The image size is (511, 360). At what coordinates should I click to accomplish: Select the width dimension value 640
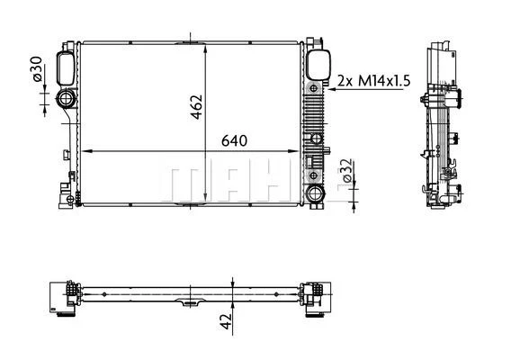[x=233, y=140]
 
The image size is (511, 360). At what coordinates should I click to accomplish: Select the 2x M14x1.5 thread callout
[x=373, y=81]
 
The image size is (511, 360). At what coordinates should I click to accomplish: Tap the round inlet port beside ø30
[x=67, y=99]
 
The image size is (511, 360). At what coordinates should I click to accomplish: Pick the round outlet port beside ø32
[x=314, y=193]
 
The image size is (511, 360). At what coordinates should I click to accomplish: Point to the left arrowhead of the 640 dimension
[x=86, y=151]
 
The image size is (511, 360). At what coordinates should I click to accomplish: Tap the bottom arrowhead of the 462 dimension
[x=208, y=200]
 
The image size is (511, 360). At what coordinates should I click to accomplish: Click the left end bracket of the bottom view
[x=63, y=296]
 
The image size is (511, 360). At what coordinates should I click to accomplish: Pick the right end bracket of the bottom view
[x=314, y=296]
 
